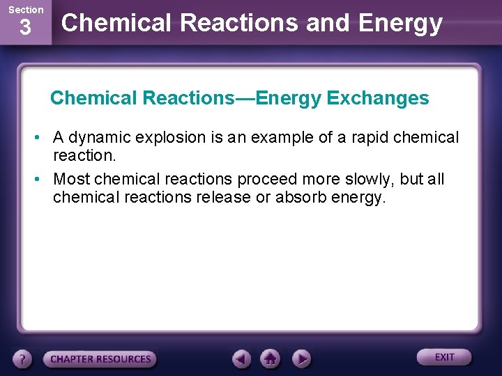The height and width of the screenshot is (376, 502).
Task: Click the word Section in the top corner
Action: [x=26, y=10]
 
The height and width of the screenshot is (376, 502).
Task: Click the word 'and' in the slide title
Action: [x=330, y=23]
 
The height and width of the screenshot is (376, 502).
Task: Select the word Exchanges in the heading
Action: [x=378, y=98]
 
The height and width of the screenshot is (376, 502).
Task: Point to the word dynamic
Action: [x=101, y=138]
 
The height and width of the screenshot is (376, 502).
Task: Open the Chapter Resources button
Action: [x=100, y=359]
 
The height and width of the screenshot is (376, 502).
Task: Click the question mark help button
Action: [x=22, y=359]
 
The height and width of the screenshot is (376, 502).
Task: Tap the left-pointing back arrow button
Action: [x=241, y=359]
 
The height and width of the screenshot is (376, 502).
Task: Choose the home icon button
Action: [x=271, y=359]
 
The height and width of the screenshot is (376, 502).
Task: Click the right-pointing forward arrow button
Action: [x=301, y=359]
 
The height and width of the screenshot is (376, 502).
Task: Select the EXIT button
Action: [x=444, y=357]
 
